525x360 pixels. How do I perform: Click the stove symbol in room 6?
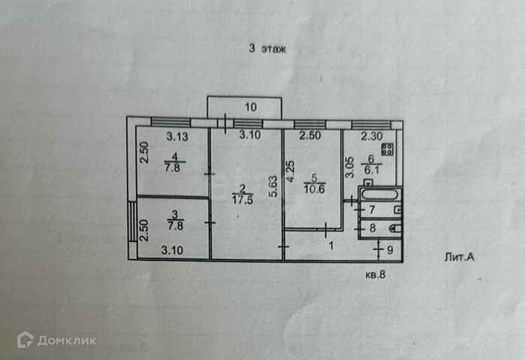pyautogui.click(x=387, y=141)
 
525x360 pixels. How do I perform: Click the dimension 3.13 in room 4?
pyautogui.click(x=177, y=136)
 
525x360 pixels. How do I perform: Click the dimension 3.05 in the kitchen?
pyautogui.click(x=348, y=166)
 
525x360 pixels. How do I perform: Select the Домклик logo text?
pyautogui.click(x=67, y=340)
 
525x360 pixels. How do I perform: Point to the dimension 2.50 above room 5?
pyautogui.click(x=310, y=136)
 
